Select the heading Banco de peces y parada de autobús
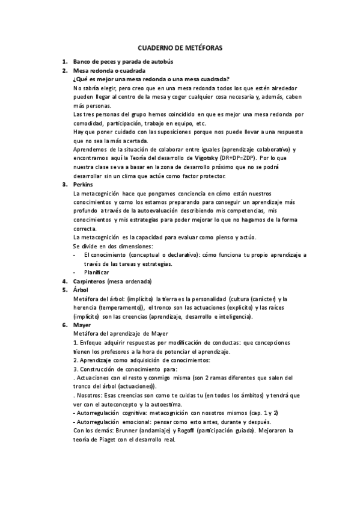pyautogui.click(x=123, y=62)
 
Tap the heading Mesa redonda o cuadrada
pyautogui.click(x=109, y=70)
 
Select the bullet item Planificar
pyautogui.click(x=97, y=272)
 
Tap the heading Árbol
pyautogui.click(x=80, y=289)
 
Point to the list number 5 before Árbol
pyautogui.click(x=64, y=289)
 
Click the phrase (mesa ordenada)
pyautogui.click(x=130, y=281)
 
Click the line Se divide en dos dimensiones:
pyautogui.click(x=112, y=246)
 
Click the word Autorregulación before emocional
pyautogui.click(x=100, y=422)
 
